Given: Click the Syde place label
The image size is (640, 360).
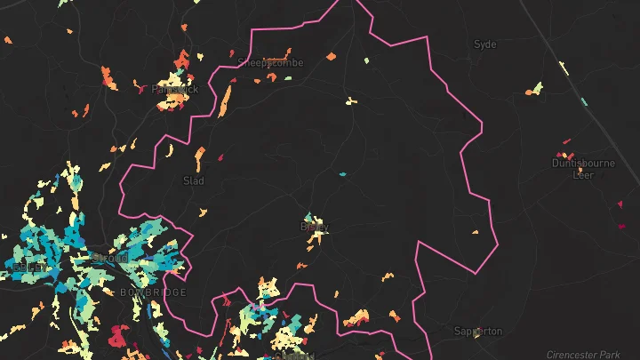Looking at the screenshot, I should point(484,44).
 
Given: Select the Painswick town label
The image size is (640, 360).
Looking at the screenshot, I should point(174,89).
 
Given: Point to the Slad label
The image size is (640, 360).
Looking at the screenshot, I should point(193,180).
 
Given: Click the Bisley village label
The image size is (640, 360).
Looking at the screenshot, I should point(315,227).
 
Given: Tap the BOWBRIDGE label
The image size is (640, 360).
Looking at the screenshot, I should point(153,292).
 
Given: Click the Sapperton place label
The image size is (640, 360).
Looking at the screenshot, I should point(477,331).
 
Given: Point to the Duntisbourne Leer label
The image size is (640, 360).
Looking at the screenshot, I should point(583,169).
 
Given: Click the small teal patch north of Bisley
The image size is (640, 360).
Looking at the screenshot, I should point(342,174).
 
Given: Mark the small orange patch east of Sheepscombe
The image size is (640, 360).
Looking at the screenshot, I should point(331,57).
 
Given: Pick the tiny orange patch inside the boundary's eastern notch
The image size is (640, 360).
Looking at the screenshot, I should point(475,232).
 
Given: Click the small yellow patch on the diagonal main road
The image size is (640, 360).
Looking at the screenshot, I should point(563,65).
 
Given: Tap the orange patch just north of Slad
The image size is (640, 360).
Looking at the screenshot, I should point(200,157).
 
